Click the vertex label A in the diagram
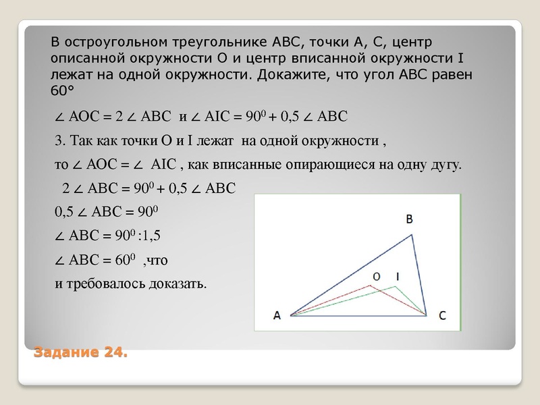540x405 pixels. [277, 315]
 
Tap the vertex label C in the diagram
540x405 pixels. [441, 315]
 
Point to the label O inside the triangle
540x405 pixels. [377, 277]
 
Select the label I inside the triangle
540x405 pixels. [398, 277]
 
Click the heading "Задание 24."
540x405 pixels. [80, 352]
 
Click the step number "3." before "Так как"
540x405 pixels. [59, 142]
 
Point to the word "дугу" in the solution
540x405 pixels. [446, 165]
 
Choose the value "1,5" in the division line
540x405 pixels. [153, 236]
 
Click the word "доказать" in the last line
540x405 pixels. [176, 283]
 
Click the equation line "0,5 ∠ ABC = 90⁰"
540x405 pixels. [105, 212]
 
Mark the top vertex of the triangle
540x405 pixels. [412, 234]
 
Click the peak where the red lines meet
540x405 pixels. [371, 286]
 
